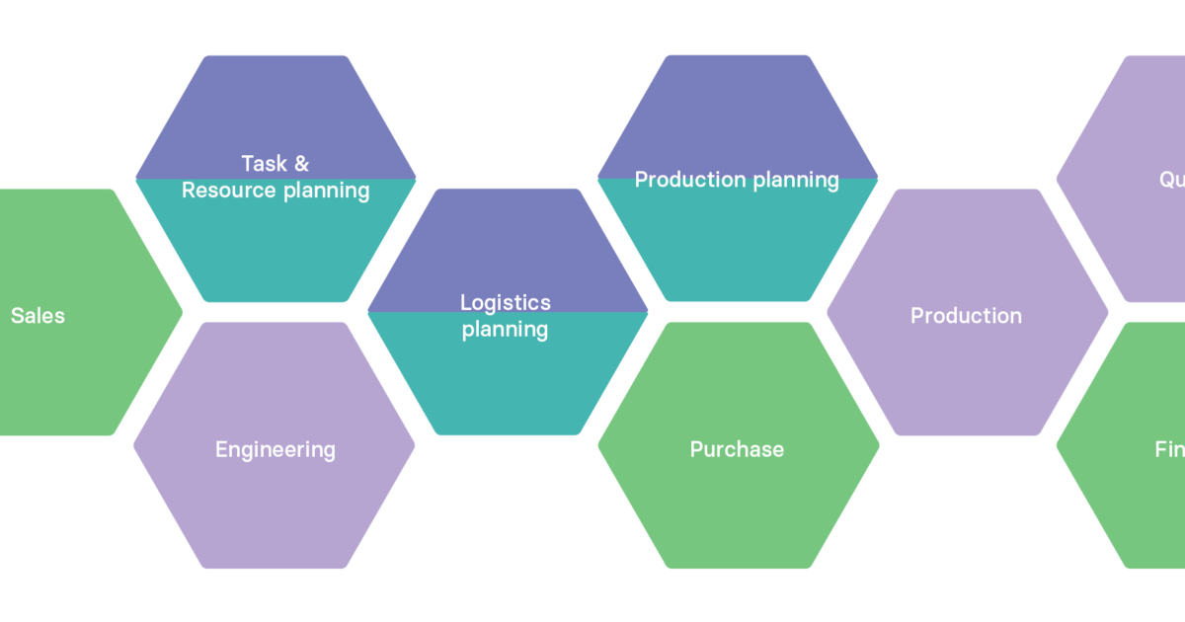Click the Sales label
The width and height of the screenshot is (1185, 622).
(x=38, y=316)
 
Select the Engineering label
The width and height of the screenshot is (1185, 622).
(x=275, y=449)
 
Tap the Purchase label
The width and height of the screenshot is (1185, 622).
(x=737, y=449)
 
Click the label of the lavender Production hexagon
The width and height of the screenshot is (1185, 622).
(x=966, y=316)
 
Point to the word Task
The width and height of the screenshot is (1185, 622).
(x=264, y=164)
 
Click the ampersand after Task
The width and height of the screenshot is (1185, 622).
(x=301, y=164)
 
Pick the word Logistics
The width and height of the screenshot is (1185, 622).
(x=506, y=303)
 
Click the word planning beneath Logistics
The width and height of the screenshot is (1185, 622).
(x=506, y=330)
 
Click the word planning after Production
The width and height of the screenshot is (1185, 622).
(x=796, y=181)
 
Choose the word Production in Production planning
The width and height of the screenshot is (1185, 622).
(x=689, y=180)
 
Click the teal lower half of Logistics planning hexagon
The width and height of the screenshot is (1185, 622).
(x=508, y=385)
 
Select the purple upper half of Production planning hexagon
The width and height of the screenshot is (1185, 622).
(x=737, y=109)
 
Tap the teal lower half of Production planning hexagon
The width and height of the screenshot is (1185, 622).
(x=737, y=247)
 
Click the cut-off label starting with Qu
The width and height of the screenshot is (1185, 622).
(x=1171, y=180)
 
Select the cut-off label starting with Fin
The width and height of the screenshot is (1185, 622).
(x=1169, y=449)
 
